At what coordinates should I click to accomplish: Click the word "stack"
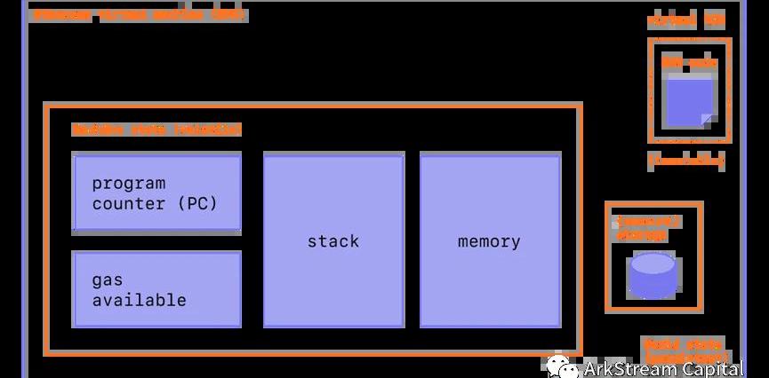333,240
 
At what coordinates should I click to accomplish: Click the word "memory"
489,240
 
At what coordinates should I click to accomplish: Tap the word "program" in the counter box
129,184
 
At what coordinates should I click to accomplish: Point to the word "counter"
129,203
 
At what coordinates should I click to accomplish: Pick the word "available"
140,300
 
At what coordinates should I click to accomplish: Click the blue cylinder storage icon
653,275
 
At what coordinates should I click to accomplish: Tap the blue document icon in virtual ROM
689,101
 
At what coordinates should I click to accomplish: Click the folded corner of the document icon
706,119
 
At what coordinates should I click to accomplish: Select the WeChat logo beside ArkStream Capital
561,366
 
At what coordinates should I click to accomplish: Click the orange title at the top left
138,15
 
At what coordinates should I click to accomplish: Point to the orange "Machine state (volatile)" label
156,130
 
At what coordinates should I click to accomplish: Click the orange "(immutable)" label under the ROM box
685,161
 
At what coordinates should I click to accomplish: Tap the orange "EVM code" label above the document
683,63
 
